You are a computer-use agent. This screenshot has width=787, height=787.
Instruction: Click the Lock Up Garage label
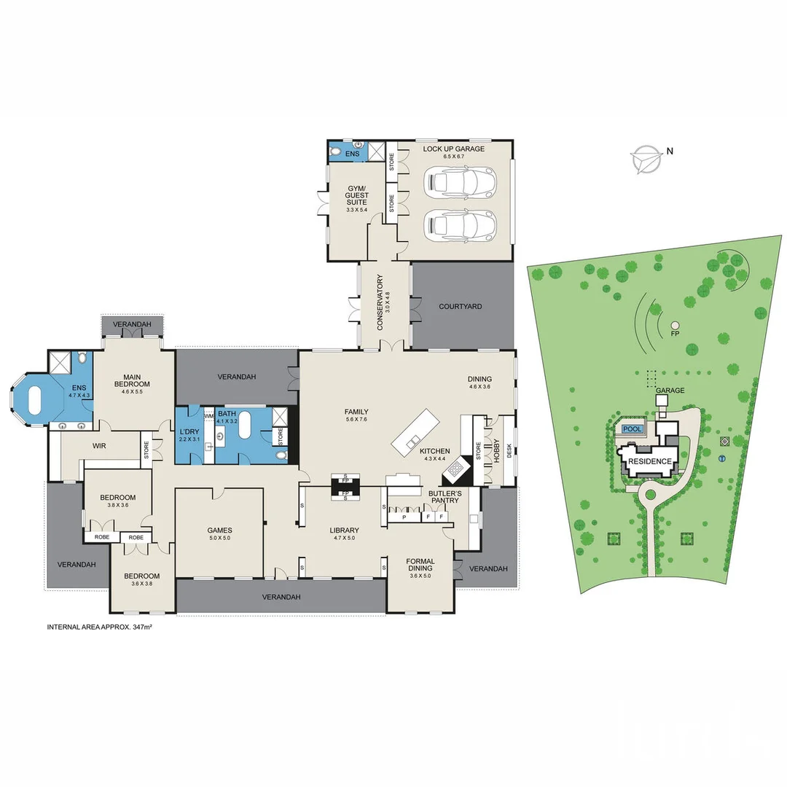point(453,149)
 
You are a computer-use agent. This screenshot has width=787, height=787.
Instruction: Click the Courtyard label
point(460,307)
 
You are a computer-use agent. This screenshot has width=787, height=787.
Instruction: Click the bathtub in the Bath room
point(244,428)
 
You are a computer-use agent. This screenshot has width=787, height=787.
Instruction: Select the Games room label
point(219,530)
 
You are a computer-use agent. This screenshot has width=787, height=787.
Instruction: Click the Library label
point(344,530)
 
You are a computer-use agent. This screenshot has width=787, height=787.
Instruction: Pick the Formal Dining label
point(420,565)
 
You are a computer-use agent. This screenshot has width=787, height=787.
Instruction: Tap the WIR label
point(100,445)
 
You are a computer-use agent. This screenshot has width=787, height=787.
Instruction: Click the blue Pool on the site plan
point(633,429)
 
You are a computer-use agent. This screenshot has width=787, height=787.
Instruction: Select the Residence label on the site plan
point(649,461)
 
